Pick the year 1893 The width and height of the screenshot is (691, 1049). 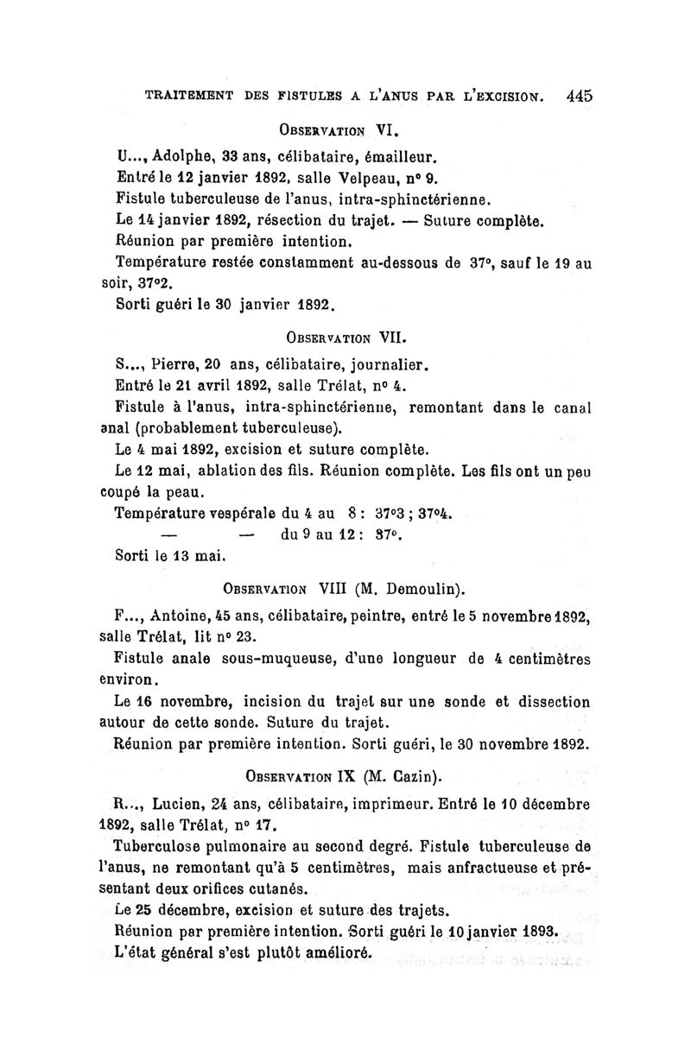coord(536,932)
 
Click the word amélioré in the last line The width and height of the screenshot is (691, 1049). coord(332,954)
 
